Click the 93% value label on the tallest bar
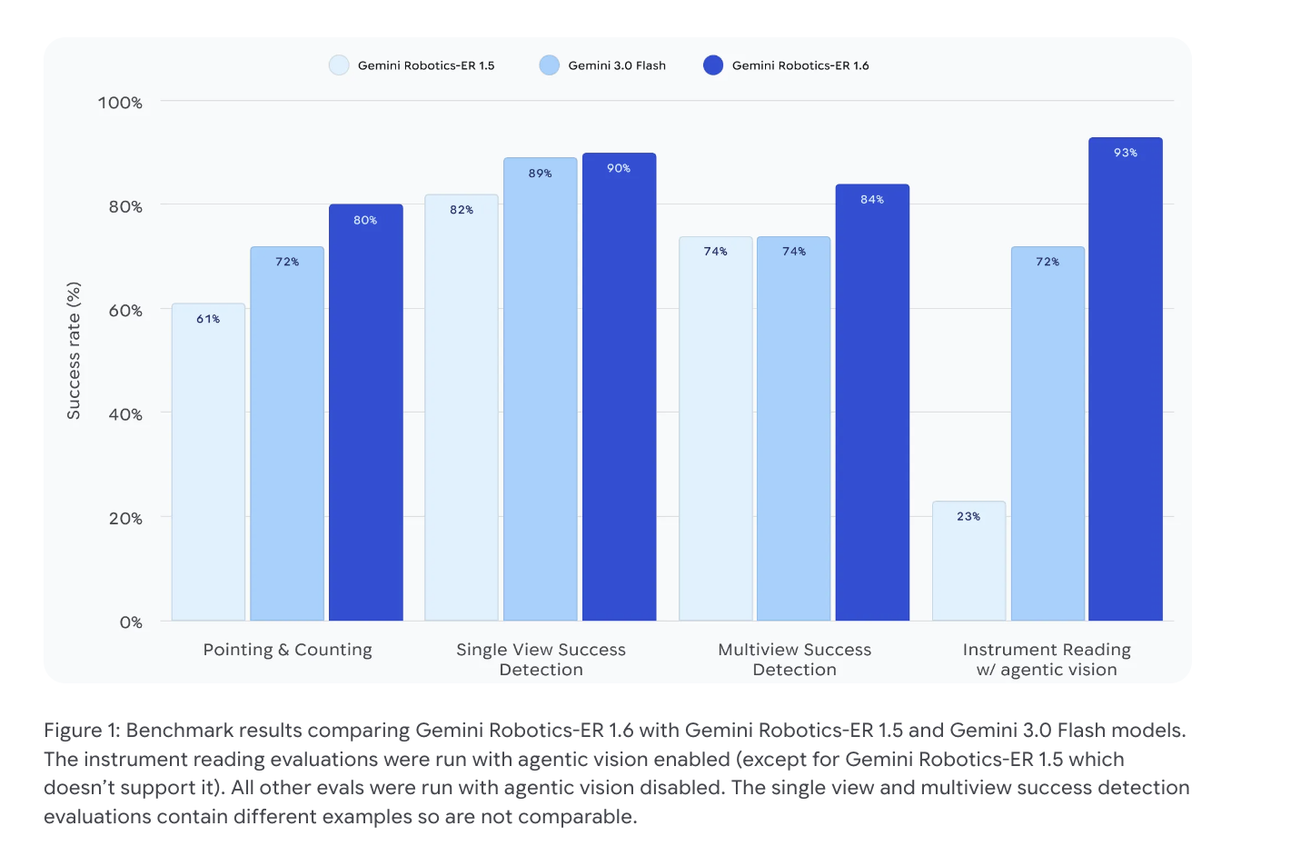point(1125,153)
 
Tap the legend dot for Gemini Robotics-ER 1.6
point(713,65)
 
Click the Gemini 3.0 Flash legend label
point(617,65)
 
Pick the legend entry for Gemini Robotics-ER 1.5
point(425,65)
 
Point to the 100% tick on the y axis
point(120,103)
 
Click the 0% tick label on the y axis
point(131,622)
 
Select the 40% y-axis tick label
point(125,414)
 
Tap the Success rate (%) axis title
point(74,351)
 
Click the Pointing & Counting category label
point(287,650)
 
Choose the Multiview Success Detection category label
point(794,660)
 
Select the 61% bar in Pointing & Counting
point(208,463)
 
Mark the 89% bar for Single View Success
point(541,391)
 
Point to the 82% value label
point(462,210)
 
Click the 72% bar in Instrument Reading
point(1048,436)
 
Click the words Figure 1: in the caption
point(82,731)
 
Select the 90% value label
point(619,168)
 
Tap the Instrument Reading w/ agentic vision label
point(1047,660)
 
